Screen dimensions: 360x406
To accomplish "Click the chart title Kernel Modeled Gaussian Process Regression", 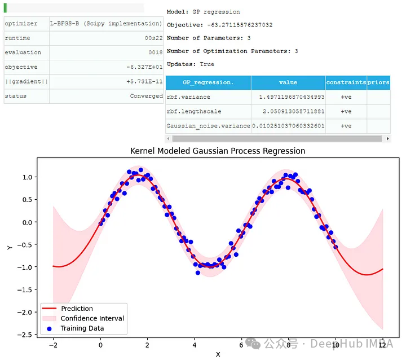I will [217, 151].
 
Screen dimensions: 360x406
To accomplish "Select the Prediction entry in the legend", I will [77, 309].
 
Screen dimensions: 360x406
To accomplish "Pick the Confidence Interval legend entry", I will [92, 318].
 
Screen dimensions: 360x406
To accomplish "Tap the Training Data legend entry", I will [82, 328].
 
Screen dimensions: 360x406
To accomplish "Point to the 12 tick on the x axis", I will [382, 345].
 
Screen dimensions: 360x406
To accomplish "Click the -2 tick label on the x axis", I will [52, 345].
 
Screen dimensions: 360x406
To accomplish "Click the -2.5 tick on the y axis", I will [25, 335].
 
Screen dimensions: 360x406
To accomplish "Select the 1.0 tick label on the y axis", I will [27, 177].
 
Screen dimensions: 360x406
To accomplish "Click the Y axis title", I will [9, 248].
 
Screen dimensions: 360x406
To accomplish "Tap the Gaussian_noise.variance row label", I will [208, 126].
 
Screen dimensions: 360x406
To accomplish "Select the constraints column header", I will [346, 82].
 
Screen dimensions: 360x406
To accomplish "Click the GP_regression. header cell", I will [208, 82].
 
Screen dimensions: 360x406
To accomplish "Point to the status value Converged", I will [146, 96].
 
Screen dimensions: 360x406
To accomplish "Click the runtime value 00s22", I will [153, 38].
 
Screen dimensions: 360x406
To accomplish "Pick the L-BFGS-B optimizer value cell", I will [106, 24].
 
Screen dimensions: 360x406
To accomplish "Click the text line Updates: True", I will [191, 64].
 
